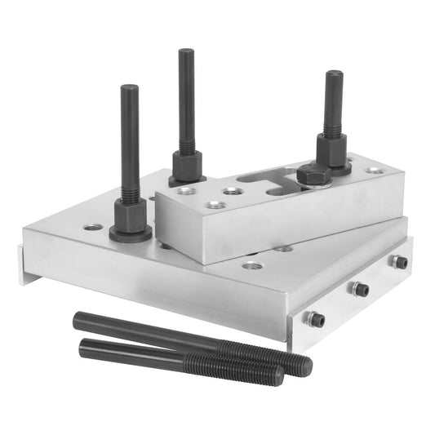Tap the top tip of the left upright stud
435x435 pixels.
(x=129, y=87)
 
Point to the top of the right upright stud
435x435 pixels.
(x=334, y=74)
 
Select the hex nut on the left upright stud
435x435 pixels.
(x=131, y=216)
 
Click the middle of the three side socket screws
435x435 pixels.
(x=360, y=289)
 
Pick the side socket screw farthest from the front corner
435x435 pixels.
(x=399, y=262)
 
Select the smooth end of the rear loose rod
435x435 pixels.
(x=79, y=320)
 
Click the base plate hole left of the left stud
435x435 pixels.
(x=93, y=226)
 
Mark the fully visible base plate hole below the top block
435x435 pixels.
(x=252, y=265)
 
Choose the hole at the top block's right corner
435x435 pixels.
(x=374, y=171)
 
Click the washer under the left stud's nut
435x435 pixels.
(x=131, y=237)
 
